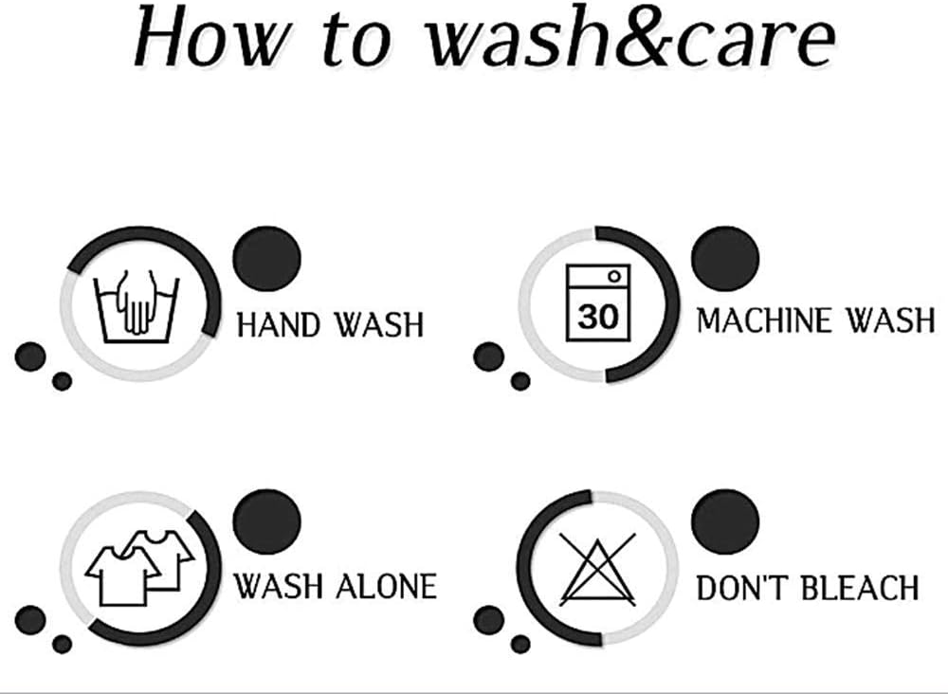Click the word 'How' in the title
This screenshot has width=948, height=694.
(x=209, y=36)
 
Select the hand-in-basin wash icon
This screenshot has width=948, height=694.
(x=137, y=306)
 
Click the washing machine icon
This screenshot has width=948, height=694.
(x=598, y=302)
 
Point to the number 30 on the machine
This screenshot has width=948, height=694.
(x=598, y=316)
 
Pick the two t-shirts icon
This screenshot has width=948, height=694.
(x=139, y=568)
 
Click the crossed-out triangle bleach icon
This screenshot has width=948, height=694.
(x=597, y=569)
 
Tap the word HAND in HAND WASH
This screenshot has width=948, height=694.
(x=278, y=324)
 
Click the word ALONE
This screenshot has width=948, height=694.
(x=386, y=587)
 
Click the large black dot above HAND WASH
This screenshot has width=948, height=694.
(x=266, y=258)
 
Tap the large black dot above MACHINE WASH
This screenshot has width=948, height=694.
(x=725, y=258)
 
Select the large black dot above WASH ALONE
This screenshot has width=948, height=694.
(x=266, y=521)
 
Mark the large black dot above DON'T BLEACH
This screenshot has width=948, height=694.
(x=725, y=521)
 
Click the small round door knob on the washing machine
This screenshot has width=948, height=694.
(x=614, y=276)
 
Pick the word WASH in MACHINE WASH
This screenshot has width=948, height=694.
(x=890, y=320)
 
